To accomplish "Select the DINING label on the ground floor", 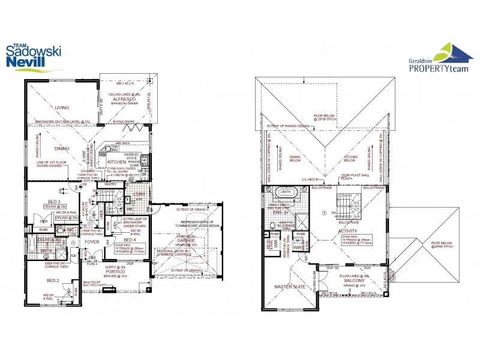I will pos(62,148).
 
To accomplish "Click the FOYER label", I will pos(92,242).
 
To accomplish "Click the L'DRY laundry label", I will pos(139,194).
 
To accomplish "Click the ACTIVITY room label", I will pos(348,231).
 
